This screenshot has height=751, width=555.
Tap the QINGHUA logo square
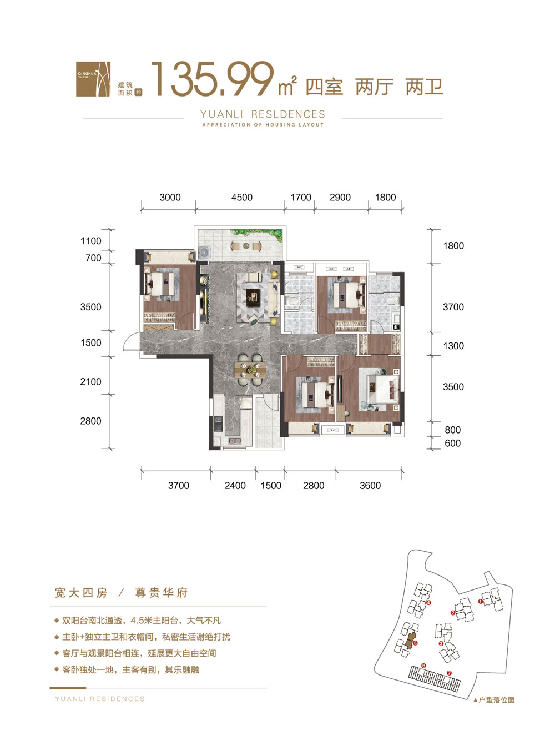[93, 79]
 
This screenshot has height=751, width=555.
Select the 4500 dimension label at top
[241, 198]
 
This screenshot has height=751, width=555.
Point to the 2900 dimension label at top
[340, 198]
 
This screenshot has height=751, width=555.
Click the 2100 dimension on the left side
[90, 382]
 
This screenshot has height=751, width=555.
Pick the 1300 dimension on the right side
[453, 346]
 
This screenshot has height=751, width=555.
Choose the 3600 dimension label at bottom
[370, 486]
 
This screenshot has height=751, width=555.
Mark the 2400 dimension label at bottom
[235, 486]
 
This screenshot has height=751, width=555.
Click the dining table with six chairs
[250, 369]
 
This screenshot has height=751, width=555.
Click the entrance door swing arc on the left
[131, 341]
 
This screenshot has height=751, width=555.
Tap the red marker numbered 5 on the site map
[415, 643]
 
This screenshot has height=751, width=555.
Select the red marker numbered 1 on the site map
[480, 601]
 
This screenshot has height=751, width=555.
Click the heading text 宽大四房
[81, 593]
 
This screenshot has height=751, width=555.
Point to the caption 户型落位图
[496, 700]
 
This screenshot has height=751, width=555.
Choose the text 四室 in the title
[324, 87]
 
